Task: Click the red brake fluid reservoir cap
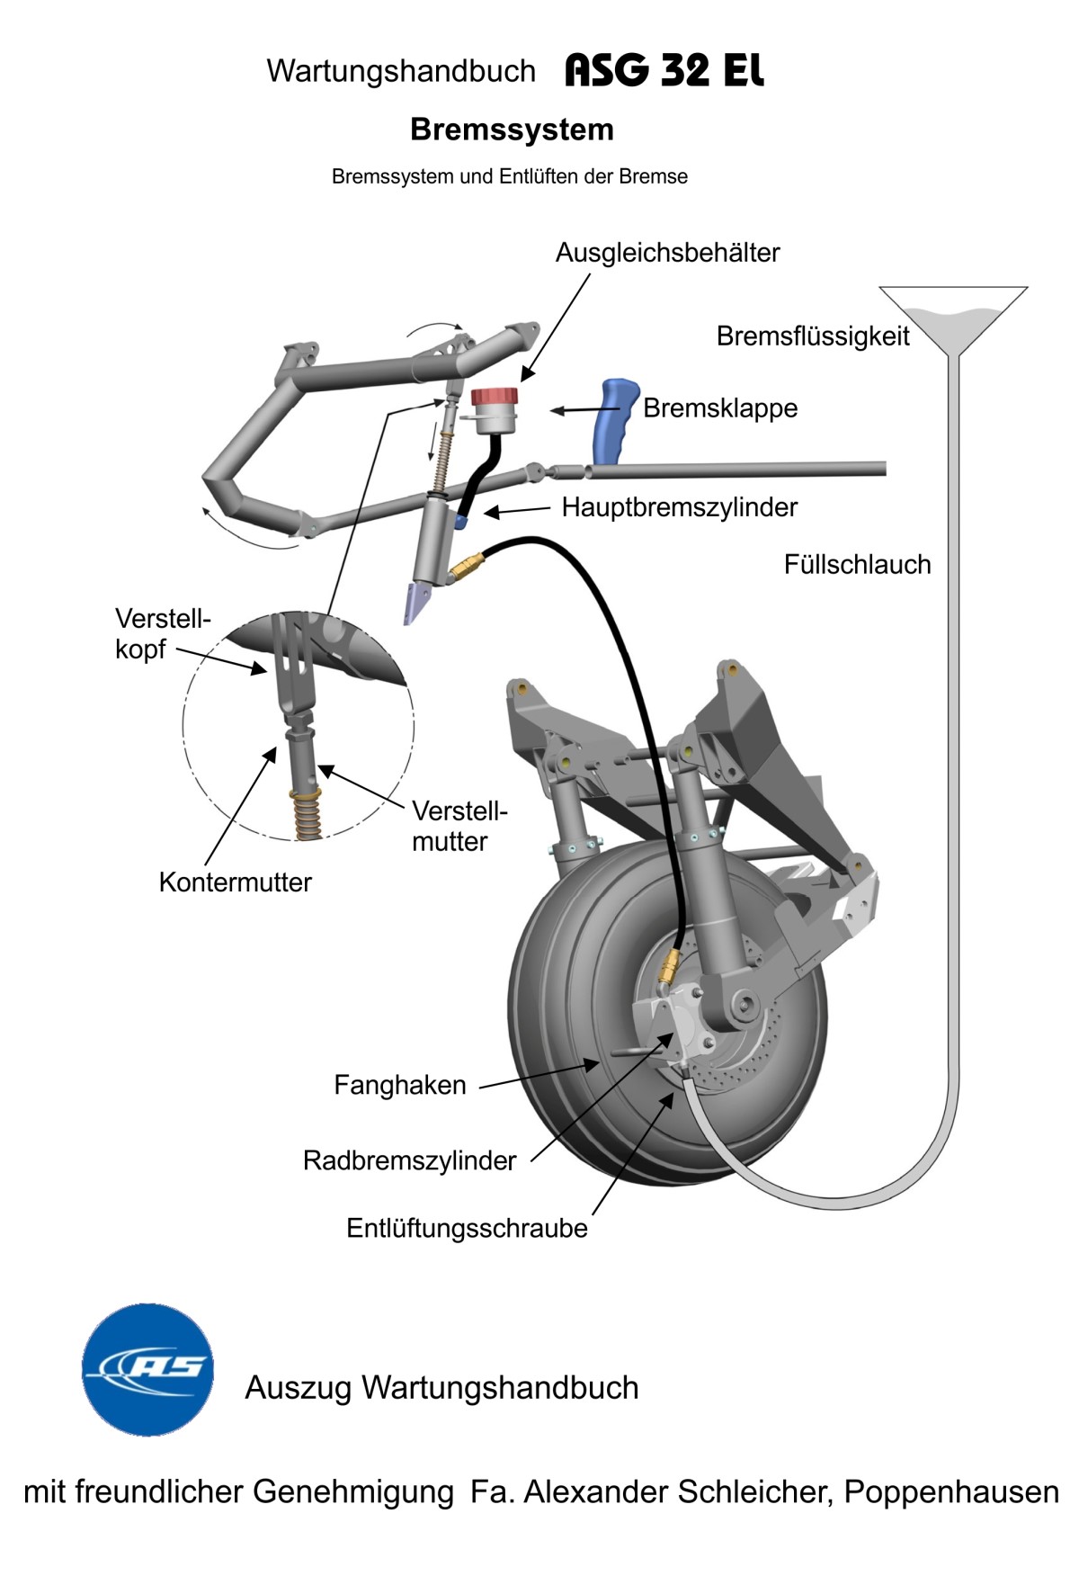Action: pyautogui.click(x=494, y=397)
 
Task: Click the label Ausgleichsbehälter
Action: pyautogui.click(x=667, y=253)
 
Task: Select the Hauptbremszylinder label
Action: pyautogui.click(x=679, y=507)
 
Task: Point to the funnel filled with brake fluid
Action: pyautogui.click(x=953, y=319)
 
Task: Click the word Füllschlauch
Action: pyautogui.click(x=857, y=565)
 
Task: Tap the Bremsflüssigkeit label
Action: pyautogui.click(x=813, y=336)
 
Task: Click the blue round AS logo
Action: pyautogui.click(x=148, y=1369)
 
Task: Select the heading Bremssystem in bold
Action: pyautogui.click(x=512, y=130)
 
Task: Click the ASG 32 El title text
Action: pyautogui.click(x=664, y=71)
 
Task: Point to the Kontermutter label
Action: pyautogui.click(x=235, y=882)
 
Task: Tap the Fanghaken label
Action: pyautogui.click(x=400, y=1085)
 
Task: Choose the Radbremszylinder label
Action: pyautogui.click(x=409, y=1160)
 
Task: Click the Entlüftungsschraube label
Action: pyautogui.click(x=467, y=1229)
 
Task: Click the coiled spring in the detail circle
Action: pyautogui.click(x=306, y=813)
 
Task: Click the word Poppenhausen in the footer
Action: pyautogui.click(x=950, y=1492)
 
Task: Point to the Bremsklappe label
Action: pyautogui.click(x=720, y=408)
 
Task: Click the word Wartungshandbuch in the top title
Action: pyautogui.click(x=401, y=71)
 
